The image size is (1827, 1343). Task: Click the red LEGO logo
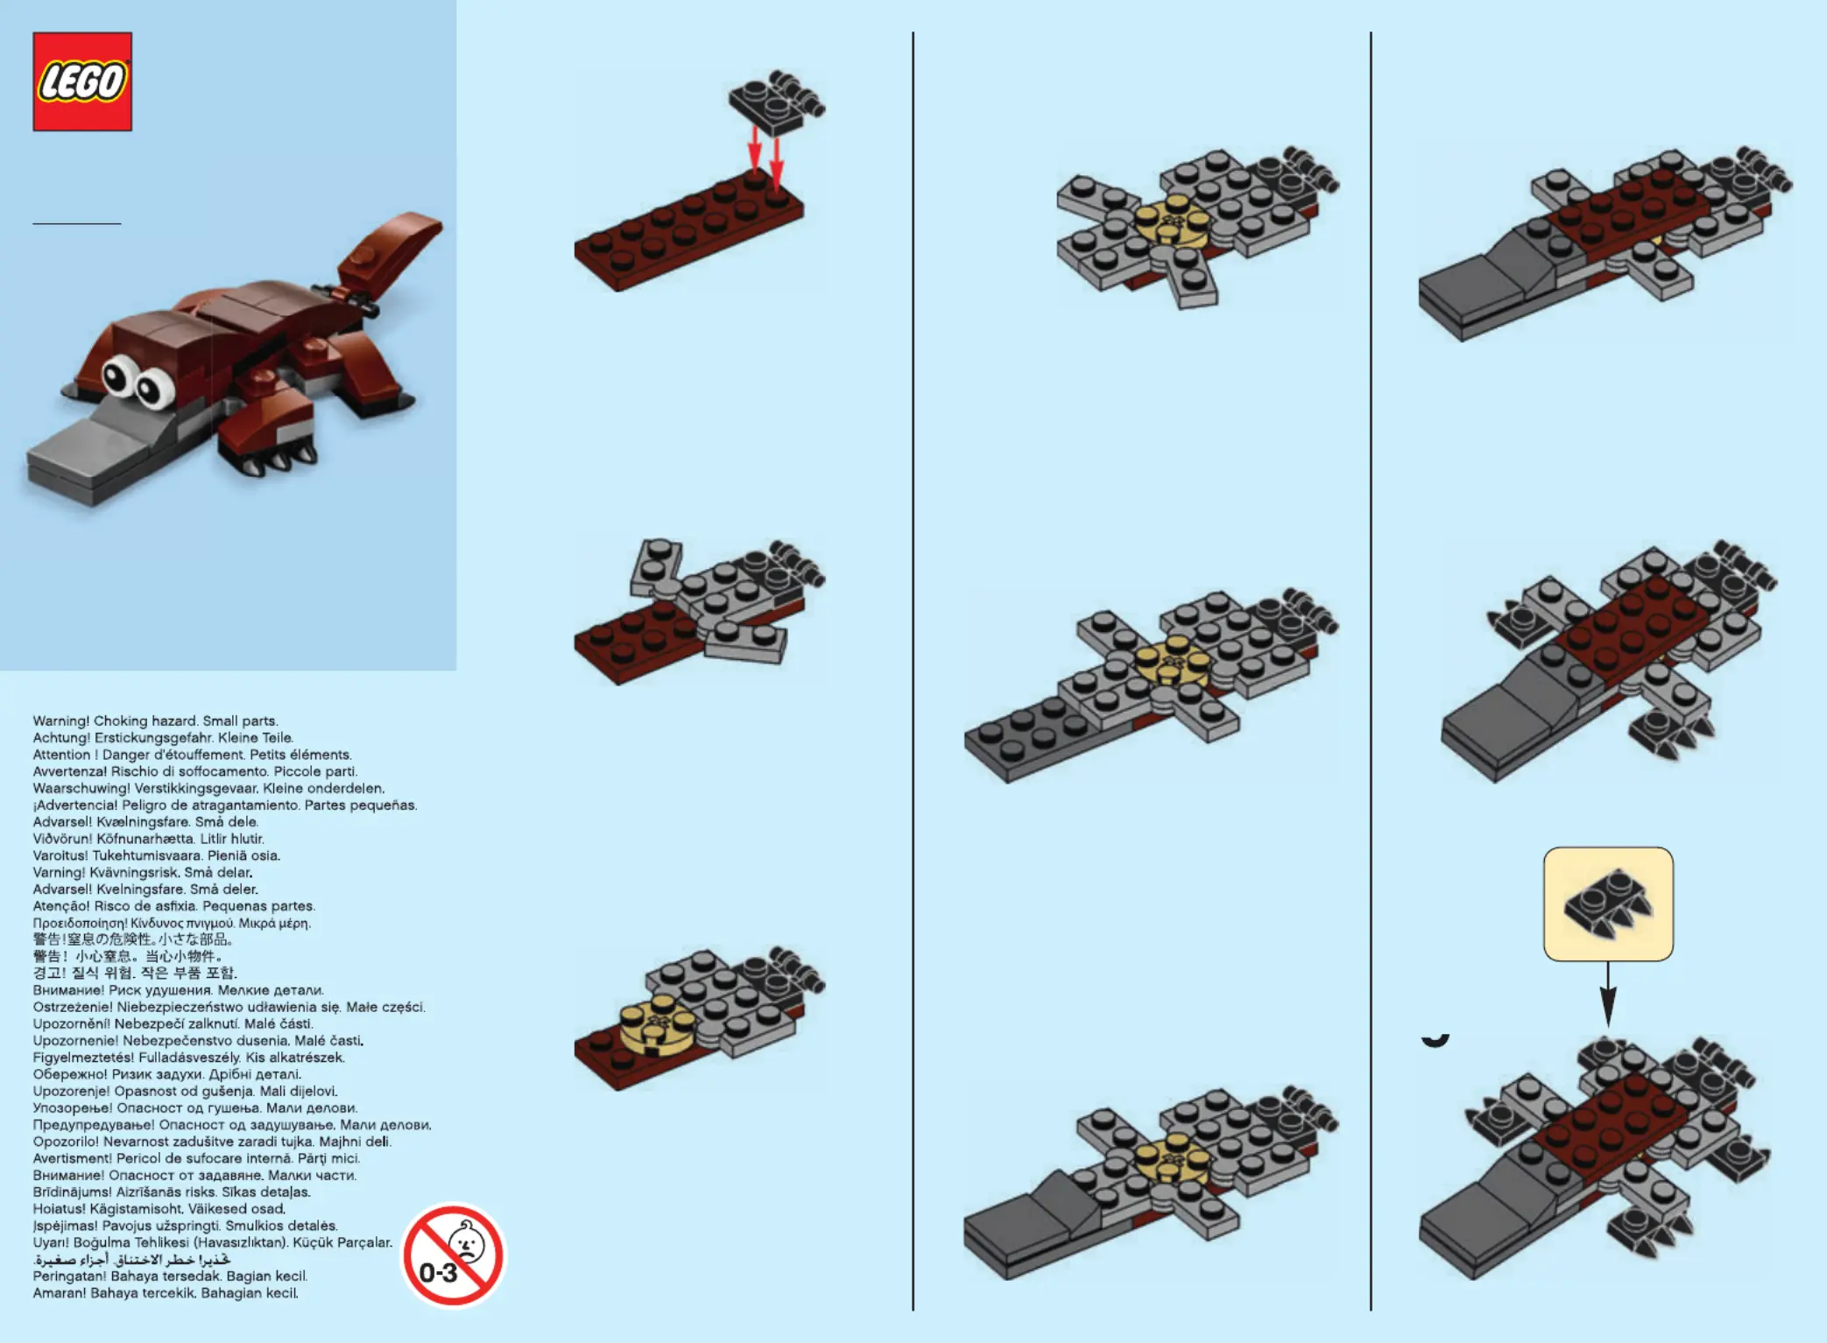tap(82, 81)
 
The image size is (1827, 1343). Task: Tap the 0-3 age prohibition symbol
tap(453, 1255)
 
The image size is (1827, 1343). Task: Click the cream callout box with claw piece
tap(1608, 904)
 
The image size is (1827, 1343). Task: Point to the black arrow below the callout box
tap(1608, 994)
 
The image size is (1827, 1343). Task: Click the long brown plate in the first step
tap(688, 231)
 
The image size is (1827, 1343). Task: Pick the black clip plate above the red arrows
tap(775, 102)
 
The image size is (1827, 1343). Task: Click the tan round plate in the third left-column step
tap(657, 1023)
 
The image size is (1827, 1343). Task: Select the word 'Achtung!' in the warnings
tap(61, 738)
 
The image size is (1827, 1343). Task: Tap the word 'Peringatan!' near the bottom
tap(70, 1276)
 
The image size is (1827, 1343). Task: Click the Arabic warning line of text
tap(132, 1260)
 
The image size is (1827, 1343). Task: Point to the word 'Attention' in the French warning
tap(61, 755)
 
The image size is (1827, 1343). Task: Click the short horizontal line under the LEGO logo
tap(77, 223)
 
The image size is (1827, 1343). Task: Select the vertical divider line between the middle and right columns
tap(1371, 671)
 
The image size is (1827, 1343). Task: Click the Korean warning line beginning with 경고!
tap(135, 973)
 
